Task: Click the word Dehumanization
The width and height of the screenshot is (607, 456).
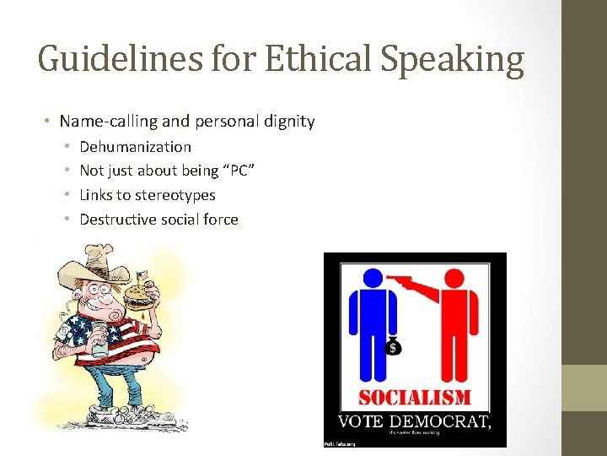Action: pos(135,146)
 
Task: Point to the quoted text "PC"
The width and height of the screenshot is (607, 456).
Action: pos(239,171)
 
